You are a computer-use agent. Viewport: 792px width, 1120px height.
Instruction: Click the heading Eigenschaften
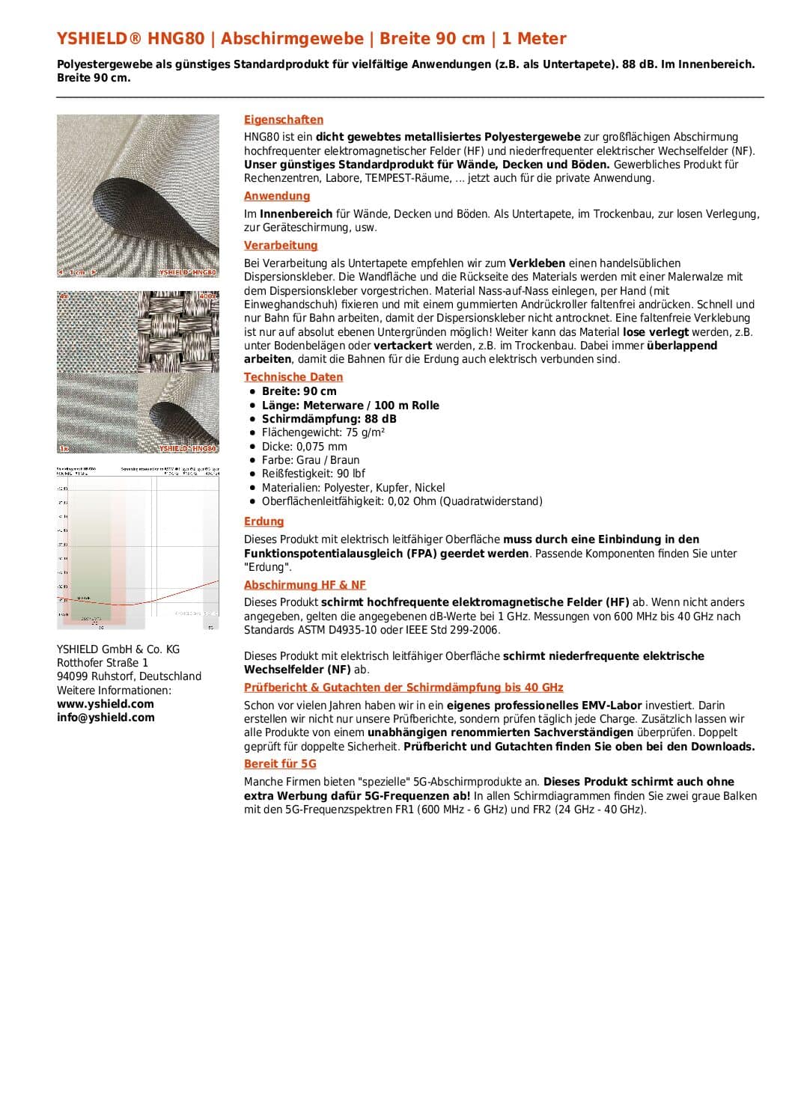tap(284, 120)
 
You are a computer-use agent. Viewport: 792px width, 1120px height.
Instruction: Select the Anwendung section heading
tap(277, 196)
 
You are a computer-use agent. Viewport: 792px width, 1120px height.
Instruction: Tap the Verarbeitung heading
tap(281, 245)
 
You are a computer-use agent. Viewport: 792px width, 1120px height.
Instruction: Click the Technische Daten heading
tap(293, 377)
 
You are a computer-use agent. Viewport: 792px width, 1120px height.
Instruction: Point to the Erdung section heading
tap(264, 521)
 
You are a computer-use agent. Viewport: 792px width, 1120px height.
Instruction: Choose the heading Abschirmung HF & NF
tap(305, 585)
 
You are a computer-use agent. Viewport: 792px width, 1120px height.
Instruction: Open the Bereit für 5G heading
tap(280, 764)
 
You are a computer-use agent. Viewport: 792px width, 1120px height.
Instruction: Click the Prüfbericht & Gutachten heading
tap(403, 688)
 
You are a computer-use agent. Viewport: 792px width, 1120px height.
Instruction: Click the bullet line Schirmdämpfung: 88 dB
tap(329, 419)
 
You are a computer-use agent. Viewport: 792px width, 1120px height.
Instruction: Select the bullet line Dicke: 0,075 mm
tap(304, 447)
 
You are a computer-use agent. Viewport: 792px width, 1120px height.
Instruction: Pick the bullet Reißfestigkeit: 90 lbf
tap(313, 474)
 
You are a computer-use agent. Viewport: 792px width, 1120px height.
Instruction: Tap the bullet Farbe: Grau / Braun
tap(310, 460)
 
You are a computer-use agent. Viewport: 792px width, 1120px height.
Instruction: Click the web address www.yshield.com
tap(106, 704)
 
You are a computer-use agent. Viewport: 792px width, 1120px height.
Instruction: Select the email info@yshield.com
tap(106, 717)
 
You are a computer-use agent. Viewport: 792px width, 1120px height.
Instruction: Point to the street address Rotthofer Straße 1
tap(103, 663)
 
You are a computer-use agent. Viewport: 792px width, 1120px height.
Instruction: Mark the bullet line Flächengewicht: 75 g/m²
tap(323, 432)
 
